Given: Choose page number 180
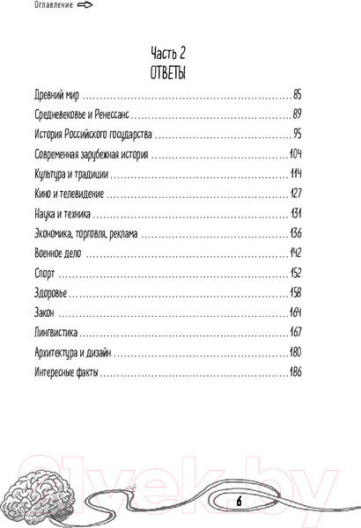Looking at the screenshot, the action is (295, 354).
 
